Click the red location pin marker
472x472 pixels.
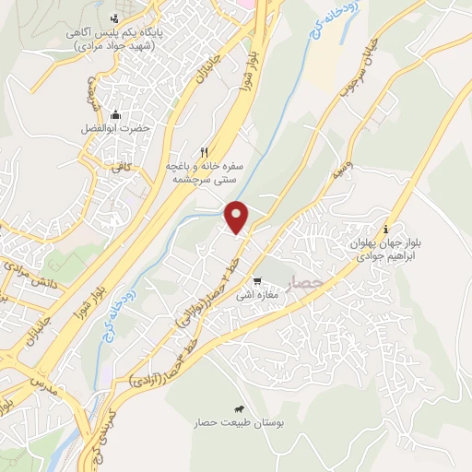point(239,217)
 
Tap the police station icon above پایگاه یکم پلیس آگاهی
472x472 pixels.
point(114,18)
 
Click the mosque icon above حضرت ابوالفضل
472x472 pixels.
point(115,115)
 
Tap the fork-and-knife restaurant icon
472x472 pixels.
point(205,150)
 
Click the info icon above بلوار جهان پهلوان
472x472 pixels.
point(385,229)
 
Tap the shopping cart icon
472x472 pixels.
point(258,282)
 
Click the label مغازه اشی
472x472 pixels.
point(251,295)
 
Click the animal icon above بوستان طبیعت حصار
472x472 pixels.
point(239,408)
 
